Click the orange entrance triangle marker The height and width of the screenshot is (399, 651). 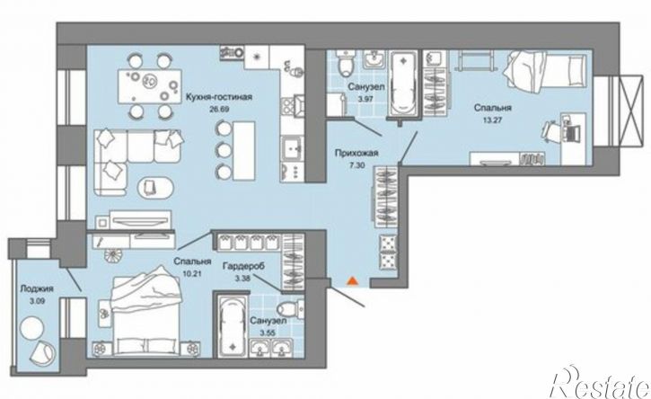(352, 281)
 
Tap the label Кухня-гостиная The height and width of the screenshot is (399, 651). (219, 97)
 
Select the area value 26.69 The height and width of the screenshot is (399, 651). (220, 110)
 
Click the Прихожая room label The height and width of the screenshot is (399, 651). (356, 153)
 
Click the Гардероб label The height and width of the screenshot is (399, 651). (243, 266)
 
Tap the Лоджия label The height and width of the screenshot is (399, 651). (37, 288)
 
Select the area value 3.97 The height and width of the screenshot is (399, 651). (365, 100)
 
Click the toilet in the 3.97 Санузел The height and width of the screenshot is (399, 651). (345, 64)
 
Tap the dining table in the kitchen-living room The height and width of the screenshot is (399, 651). (149, 86)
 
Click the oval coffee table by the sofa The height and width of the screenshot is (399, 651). (154, 189)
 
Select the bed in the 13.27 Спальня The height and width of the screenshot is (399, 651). (545, 71)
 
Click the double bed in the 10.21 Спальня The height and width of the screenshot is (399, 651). (147, 311)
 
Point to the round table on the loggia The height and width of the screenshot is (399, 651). (32, 327)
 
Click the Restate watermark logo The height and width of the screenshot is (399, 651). (600, 383)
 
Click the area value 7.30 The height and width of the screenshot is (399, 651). (356, 164)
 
